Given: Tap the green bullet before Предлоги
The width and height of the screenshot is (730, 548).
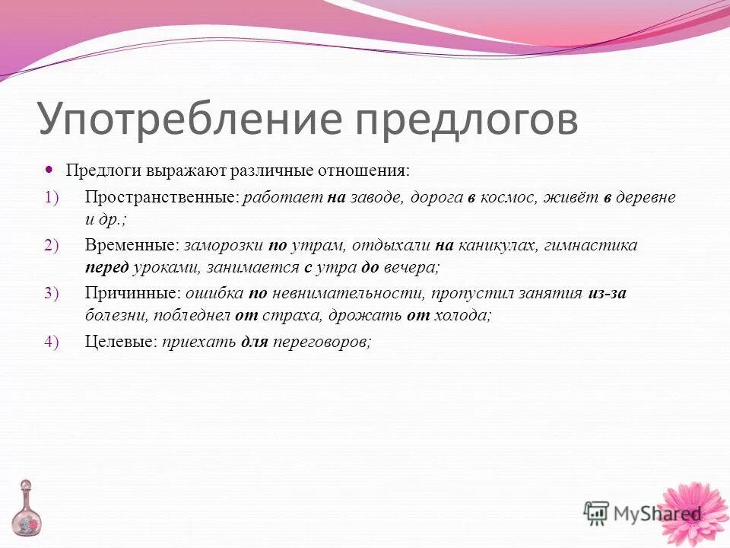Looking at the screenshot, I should click(x=51, y=170).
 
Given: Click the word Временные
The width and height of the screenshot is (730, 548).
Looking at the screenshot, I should click(x=132, y=246).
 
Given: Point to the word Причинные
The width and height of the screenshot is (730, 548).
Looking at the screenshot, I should click(x=132, y=293).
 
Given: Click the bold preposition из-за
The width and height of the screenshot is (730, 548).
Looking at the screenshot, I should click(x=607, y=293).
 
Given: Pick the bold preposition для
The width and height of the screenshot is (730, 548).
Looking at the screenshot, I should click(x=254, y=342).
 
